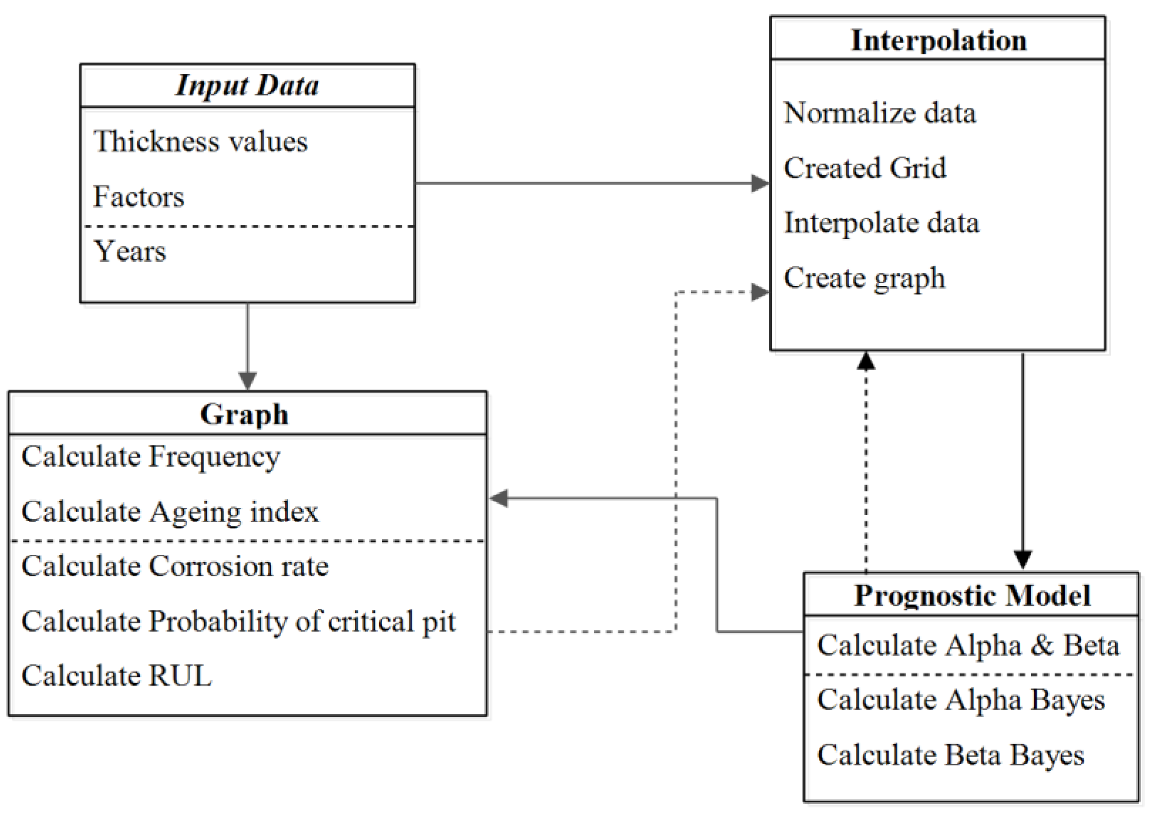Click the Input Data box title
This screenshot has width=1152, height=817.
coord(247,85)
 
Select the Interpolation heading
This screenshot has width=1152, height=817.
coord(938,40)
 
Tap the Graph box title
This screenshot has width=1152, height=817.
coord(244,414)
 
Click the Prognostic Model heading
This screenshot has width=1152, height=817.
coord(972,595)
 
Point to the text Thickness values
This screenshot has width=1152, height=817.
coord(200,142)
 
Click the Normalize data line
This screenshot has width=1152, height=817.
coord(880,113)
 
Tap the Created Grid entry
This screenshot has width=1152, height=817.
coord(865,168)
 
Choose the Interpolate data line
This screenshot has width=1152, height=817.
coord(881,222)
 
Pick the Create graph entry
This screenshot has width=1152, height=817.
coord(864,278)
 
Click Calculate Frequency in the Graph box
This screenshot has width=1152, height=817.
coord(151,456)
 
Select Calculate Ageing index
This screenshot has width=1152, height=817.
coord(170,512)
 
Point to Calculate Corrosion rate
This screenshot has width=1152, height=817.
coord(175,566)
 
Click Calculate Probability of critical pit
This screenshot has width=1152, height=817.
coord(238,622)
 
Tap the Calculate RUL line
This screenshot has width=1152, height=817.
coord(117,675)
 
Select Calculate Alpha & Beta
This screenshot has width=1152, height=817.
coord(968,645)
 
